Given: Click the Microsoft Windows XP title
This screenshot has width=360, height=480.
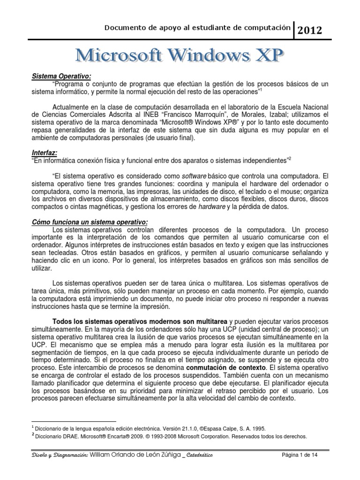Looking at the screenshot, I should [180, 56].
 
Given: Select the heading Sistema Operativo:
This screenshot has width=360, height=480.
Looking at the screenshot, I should [61, 75].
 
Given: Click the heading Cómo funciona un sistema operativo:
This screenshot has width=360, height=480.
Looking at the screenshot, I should [90, 222].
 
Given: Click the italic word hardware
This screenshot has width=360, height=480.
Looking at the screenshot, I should [212, 206].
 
